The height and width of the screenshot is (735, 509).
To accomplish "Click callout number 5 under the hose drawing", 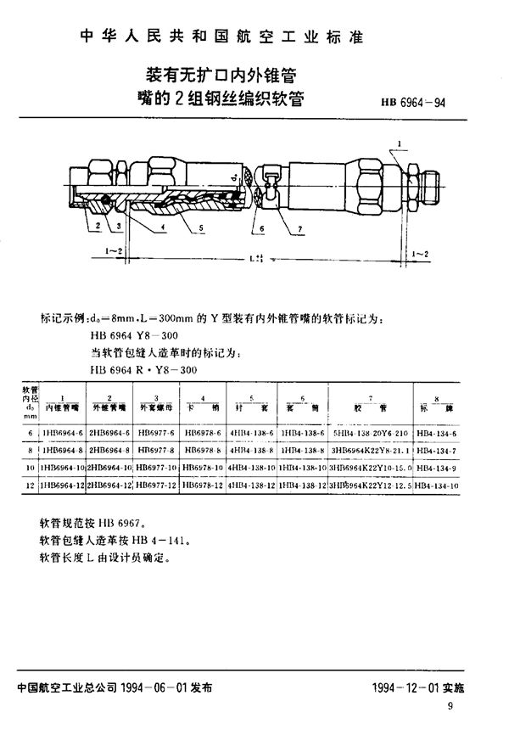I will pyautogui.click(x=201, y=227).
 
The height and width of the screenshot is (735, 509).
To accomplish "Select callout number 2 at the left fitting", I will pyautogui.click(x=99, y=226).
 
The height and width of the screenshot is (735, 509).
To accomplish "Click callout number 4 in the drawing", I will pyautogui.click(x=162, y=227).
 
